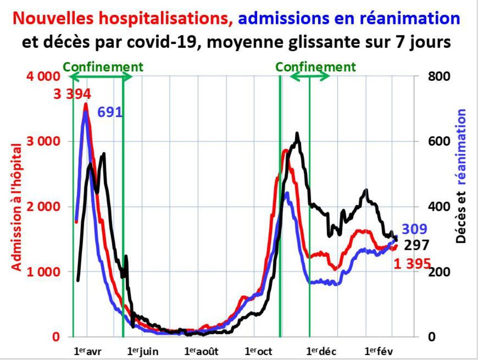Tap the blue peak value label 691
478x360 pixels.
(x=110, y=112)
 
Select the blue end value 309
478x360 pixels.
(x=414, y=229)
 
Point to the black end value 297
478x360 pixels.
(x=417, y=245)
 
